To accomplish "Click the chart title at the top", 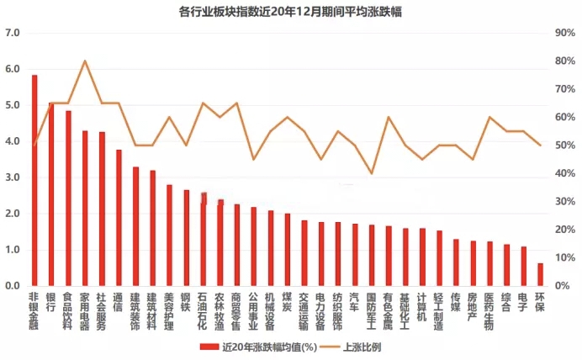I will (290, 12).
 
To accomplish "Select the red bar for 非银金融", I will (34, 181).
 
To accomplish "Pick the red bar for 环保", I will (540, 275).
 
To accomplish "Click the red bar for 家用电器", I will (85, 209).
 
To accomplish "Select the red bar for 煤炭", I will (287, 250).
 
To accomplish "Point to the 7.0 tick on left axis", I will (12, 33).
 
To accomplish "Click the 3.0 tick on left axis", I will (12, 177).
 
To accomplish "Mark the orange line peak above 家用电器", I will (85, 61).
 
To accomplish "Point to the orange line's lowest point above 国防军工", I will (371, 173).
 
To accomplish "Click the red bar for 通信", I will (119, 218).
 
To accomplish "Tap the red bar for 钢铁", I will (186, 238).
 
